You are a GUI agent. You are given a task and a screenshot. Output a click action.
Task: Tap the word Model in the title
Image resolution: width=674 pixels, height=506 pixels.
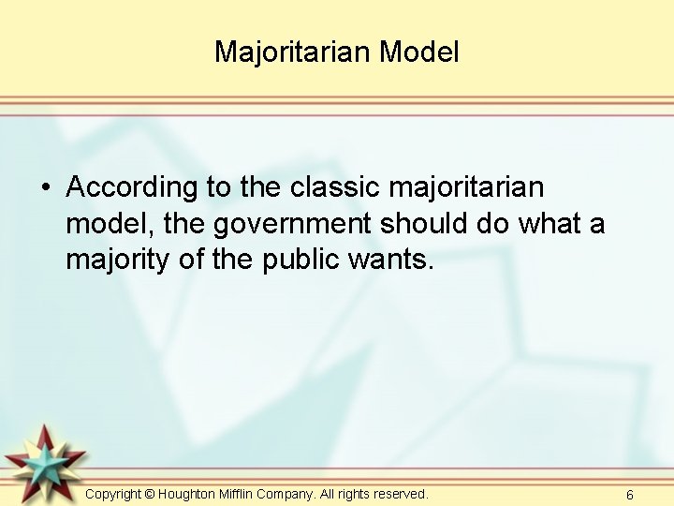419,52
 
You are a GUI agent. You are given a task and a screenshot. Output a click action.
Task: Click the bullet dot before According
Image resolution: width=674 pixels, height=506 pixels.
45,188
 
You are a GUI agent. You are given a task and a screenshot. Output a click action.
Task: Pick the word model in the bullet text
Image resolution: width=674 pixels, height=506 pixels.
105,225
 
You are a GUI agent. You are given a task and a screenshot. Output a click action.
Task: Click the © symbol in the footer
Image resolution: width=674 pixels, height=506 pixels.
150,494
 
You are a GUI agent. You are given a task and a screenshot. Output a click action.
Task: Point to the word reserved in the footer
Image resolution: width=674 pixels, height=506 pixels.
400,493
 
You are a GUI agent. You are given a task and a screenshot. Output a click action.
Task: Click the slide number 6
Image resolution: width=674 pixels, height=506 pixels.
630,495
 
